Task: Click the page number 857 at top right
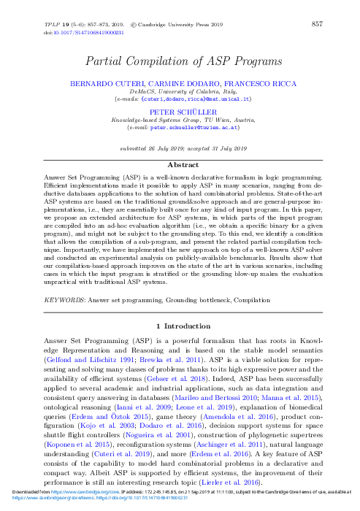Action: click(x=317, y=25)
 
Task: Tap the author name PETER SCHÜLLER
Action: click(x=180, y=112)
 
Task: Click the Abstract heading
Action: click(x=180, y=165)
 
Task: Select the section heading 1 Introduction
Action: click(x=180, y=323)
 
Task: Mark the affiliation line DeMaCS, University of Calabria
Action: click(x=180, y=91)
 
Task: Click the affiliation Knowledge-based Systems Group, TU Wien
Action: click(x=180, y=119)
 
